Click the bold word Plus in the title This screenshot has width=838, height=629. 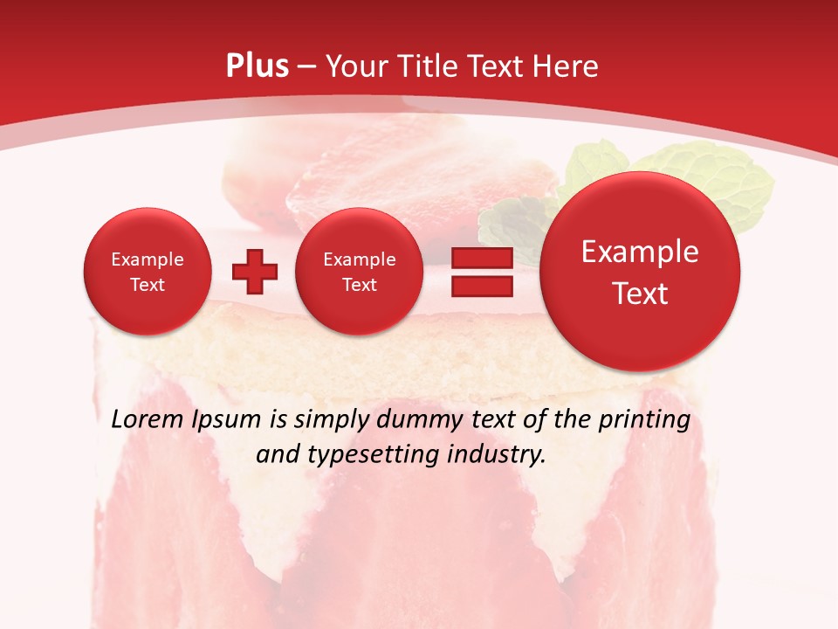pos(257,66)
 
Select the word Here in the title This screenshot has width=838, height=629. pos(567,66)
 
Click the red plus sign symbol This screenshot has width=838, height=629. pos(254,272)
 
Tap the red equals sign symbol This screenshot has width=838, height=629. pos(481,272)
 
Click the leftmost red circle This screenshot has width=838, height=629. pos(147,272)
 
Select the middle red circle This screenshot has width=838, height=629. pos(359,272)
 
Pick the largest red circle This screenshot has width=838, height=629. pos(640,272)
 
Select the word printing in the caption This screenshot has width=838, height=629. pos(646,420)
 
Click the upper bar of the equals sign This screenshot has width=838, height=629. pos(481,259)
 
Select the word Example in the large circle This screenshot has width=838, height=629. pos(640,252)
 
